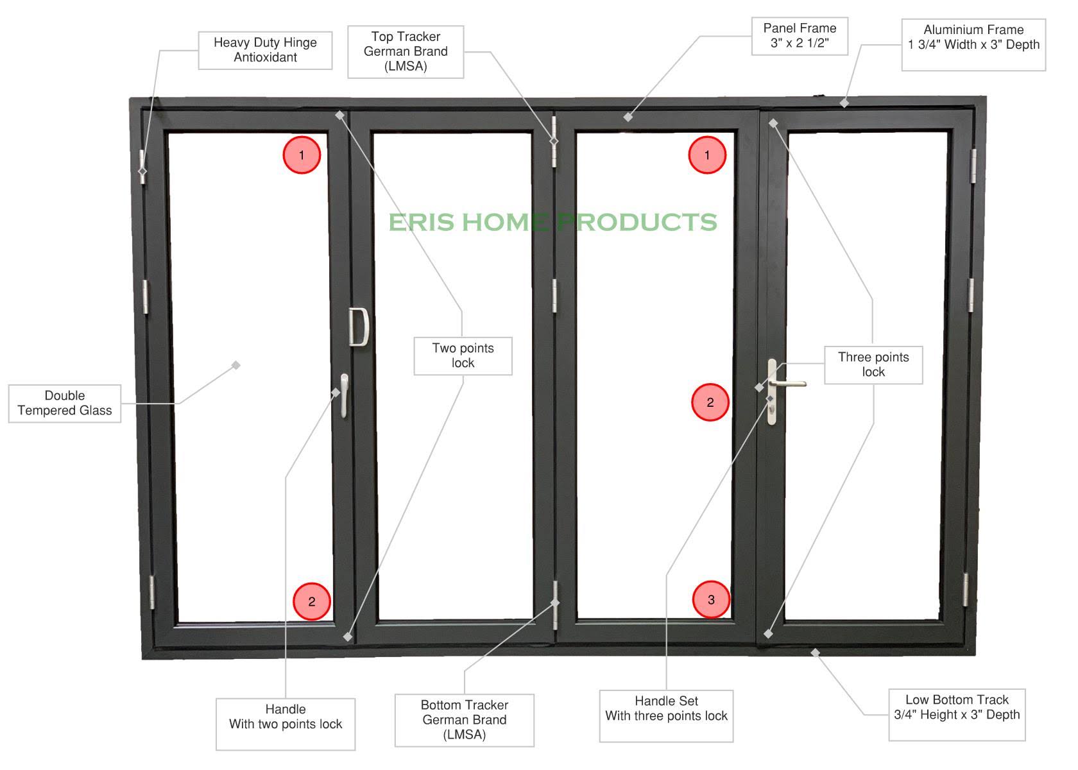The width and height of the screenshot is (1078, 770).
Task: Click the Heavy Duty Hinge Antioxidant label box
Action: pos(265,50)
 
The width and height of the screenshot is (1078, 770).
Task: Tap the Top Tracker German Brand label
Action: pos(406,51)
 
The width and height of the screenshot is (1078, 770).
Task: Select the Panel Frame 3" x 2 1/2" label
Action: pos(800,36)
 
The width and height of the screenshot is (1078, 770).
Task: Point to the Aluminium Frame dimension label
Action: pos(973,44)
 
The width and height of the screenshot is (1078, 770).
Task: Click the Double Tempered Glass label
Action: pos(65,403)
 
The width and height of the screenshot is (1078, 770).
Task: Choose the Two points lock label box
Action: pos(463,355)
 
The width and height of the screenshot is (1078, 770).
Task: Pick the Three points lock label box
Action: pos(873,364)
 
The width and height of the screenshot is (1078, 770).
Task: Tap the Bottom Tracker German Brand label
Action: pos(464,720)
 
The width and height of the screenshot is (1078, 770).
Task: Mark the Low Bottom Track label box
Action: pos(957,714)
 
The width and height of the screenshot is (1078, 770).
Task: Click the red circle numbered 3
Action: pos(711,599)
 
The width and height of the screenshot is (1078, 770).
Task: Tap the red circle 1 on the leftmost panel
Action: pos(302,155)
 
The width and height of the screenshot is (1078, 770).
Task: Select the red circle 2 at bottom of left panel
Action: pos(312,601)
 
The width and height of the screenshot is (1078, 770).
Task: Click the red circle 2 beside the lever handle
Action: pos(710,402)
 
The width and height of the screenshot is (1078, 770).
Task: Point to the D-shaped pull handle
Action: pos(359,327)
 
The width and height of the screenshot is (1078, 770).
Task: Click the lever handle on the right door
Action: pos(787,383)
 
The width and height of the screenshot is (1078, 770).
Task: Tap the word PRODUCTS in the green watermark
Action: pos(636,222)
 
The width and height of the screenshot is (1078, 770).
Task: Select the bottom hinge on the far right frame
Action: pos(966,589)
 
